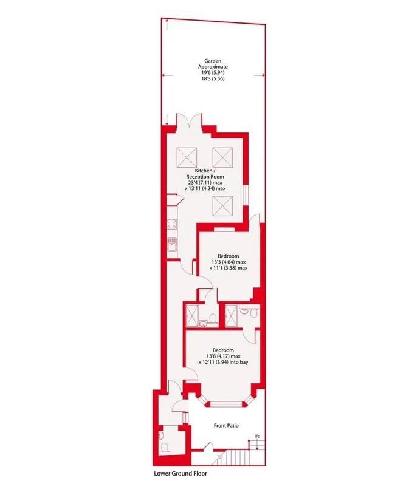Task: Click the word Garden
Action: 213,61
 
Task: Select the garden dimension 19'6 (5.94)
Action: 213,73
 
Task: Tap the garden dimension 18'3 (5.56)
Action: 213,78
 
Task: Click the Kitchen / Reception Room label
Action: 205,174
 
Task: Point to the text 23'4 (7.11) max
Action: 205,183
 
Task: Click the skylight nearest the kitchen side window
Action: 222,206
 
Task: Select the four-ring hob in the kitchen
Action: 171,224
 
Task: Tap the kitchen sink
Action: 171,245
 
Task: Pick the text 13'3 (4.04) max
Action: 229,262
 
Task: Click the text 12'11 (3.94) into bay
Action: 223,362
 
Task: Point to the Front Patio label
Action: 226,426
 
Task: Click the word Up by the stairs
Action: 257,436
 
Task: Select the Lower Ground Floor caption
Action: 181,473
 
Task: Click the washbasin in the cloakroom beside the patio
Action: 161,435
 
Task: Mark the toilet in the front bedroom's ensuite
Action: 253,313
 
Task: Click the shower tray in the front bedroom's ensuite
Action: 231,316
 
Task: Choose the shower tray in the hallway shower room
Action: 192,316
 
